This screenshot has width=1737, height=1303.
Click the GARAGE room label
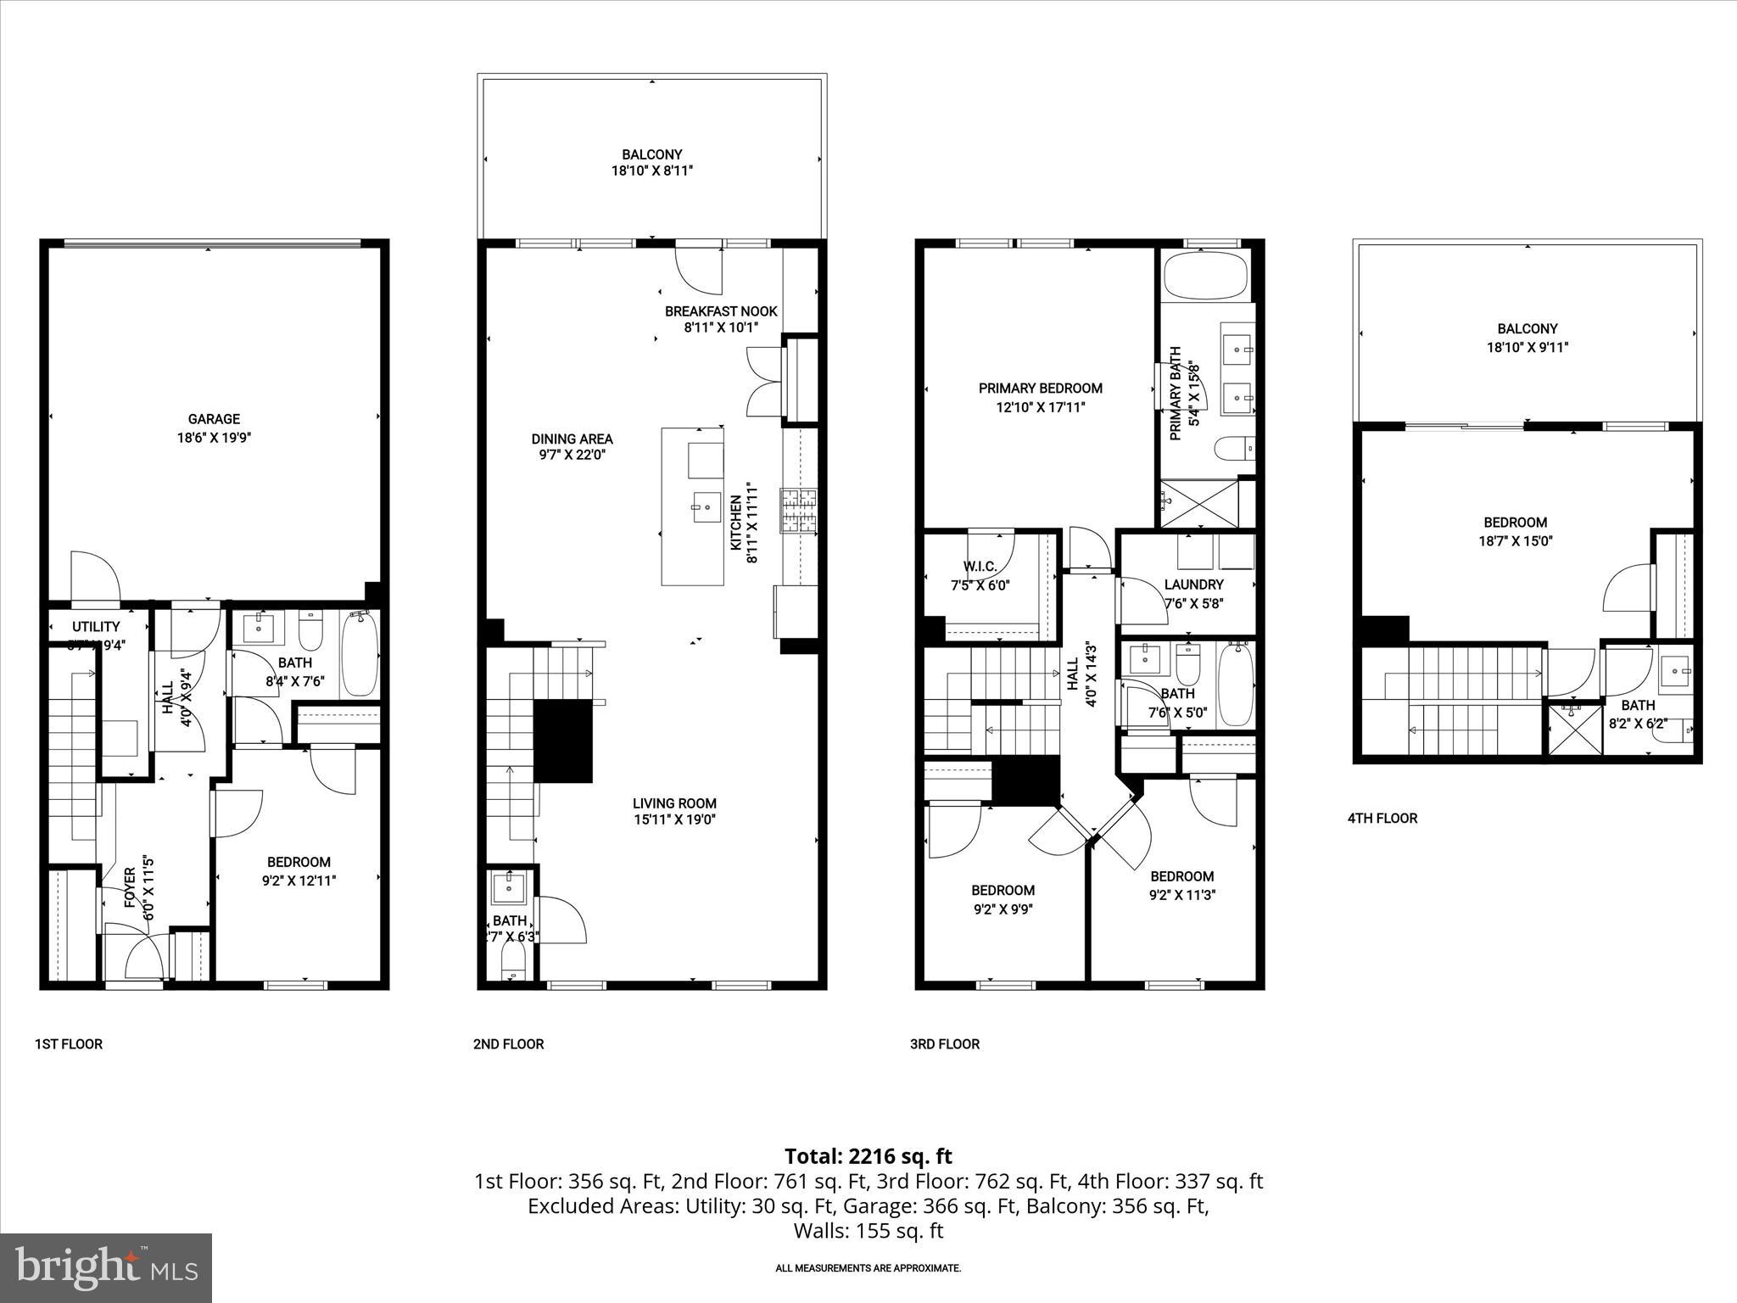click(214, 419)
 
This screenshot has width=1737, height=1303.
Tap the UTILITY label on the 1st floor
click(96, 627)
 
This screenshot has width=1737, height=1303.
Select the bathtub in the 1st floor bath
click(360, 656)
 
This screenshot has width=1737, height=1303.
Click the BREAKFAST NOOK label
click(721, 311)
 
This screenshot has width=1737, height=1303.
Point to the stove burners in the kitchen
click(799, 512)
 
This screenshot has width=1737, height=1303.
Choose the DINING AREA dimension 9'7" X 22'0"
click(572, 456)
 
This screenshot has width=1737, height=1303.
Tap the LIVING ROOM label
click(674, 803)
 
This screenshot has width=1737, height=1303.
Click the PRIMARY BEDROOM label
click(1040, 389)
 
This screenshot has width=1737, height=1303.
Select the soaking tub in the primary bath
click(1205, 277)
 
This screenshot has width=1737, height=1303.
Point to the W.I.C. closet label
click(980, 567)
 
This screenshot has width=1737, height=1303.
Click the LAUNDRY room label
click(1193, 584)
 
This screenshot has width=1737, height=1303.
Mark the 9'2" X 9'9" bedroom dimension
click(1003, 909)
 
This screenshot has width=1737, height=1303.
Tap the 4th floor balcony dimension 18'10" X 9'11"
click(1527, 347)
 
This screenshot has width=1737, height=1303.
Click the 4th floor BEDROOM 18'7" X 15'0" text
click(1515, 531)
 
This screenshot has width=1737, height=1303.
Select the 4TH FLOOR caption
click(1382, 819)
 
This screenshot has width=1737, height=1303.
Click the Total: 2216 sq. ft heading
click(868, 1156)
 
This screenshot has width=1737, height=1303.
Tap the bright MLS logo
click(106, 1267)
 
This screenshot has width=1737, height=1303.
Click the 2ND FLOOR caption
click(508, 1044)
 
